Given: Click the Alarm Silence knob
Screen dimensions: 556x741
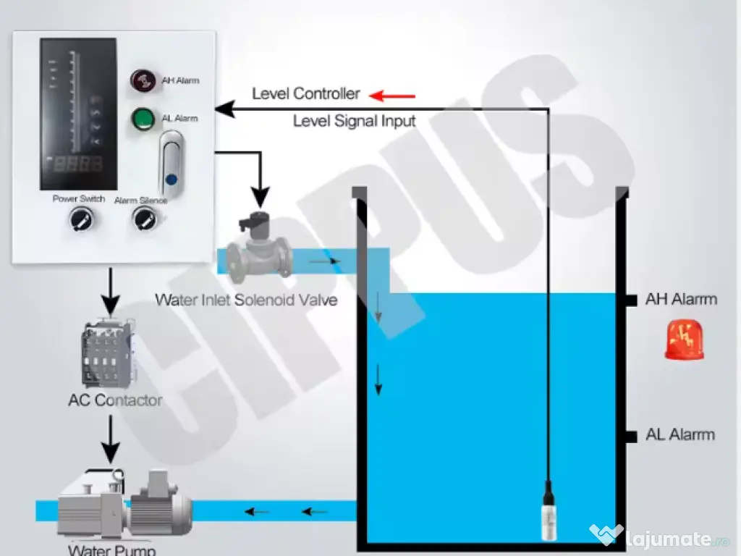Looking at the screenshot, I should (x=142, y=219).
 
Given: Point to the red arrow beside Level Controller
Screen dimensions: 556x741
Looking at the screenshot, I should (x=392, y=95).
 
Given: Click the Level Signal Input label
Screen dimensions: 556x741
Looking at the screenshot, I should (x=354, y=122).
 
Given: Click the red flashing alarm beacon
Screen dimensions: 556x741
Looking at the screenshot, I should (x=684, y=341).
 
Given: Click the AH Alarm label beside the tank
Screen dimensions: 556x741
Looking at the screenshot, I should (x=680, y=299).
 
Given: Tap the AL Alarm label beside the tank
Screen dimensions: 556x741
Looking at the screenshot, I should (x=679, y=435).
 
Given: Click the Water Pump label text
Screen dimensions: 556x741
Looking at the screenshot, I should (x=112, y=549).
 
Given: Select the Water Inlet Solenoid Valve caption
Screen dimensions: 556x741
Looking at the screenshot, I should (x=246, y=300).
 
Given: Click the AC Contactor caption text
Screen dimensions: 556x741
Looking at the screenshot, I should (x=115, y=400).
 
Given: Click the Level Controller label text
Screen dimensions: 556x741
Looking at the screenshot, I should (x=305, y=94).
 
